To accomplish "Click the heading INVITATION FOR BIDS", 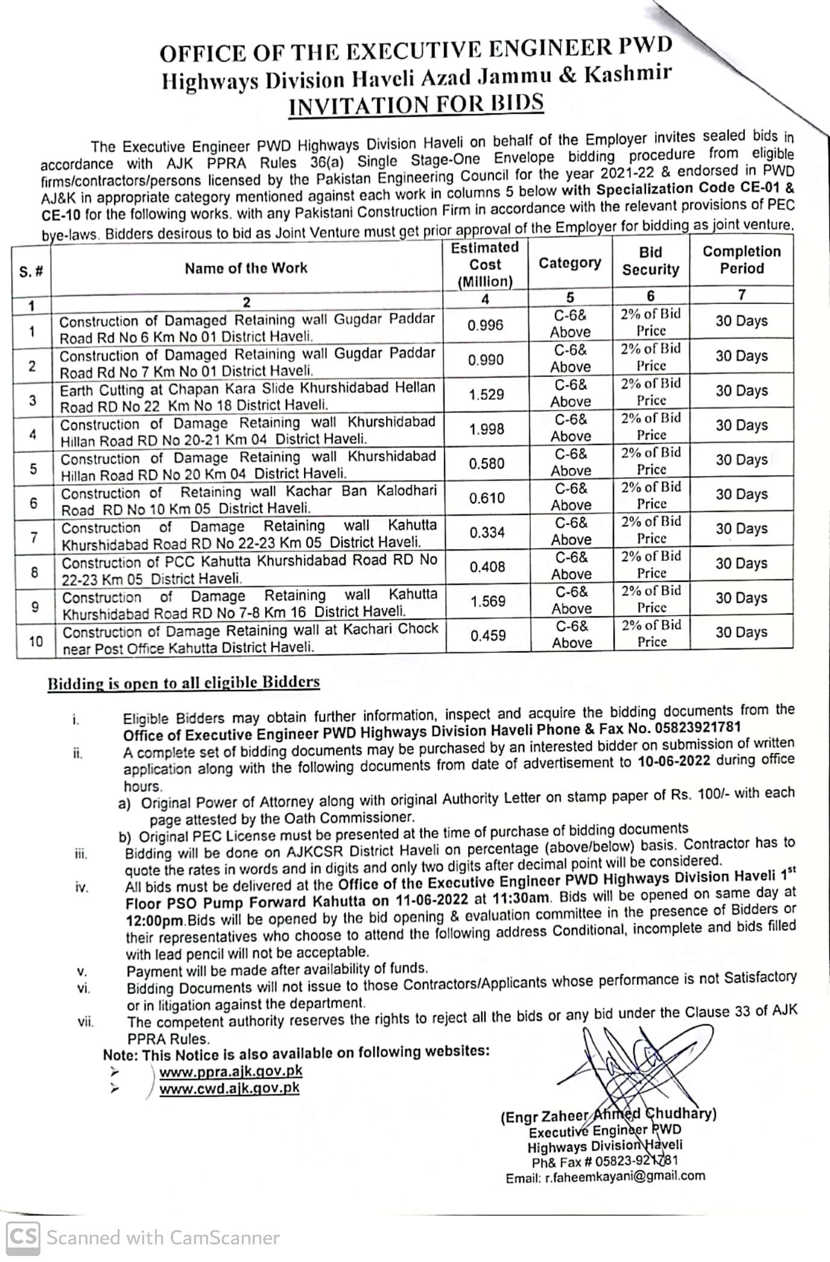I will tap(416, 104).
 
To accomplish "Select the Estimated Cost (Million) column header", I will tap(485, 264).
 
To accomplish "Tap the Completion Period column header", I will tap(741, 260).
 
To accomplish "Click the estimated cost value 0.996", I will tap(485, 326).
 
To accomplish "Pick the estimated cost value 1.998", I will tap(486, 429).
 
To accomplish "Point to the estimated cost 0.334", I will tap(487, 533).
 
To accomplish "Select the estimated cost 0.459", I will tap(488, 636).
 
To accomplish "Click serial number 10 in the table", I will tap(36, 641).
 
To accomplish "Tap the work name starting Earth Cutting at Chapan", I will tap(247, 397).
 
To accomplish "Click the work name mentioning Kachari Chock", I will tap(250, 639).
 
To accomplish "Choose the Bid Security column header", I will tap(650, 261).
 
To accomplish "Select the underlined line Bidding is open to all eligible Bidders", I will tap(183, 683).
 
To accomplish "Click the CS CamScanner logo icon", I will tap(23, 1237).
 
